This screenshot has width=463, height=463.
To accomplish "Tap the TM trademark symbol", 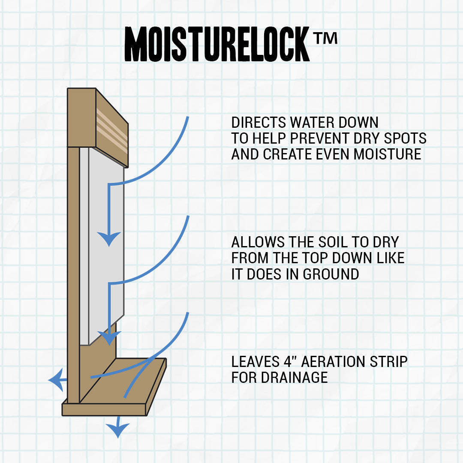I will click(x=325, y=38).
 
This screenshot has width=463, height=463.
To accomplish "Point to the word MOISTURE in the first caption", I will click(x=387, y=154).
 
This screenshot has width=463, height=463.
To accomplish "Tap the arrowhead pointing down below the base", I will click(x=117, y=430).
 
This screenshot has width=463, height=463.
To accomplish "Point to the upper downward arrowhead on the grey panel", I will click(x=109, y=238).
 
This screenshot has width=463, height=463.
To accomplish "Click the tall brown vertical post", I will click(x=73, y=274).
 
